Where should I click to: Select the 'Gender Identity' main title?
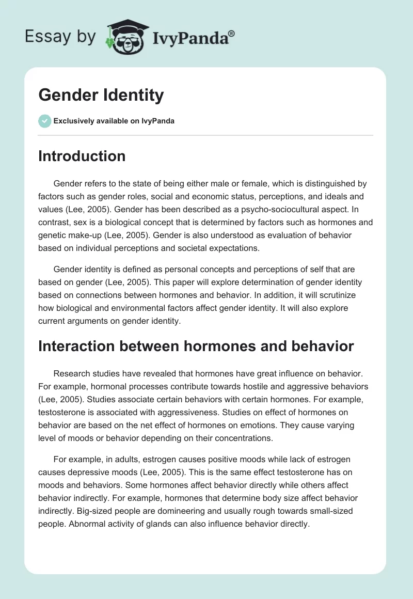101,95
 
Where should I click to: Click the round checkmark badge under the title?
44,121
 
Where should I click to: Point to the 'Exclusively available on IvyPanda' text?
114,121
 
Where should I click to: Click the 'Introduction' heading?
82,156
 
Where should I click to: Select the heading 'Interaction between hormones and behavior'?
196,346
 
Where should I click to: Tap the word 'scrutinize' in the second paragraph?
330,295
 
